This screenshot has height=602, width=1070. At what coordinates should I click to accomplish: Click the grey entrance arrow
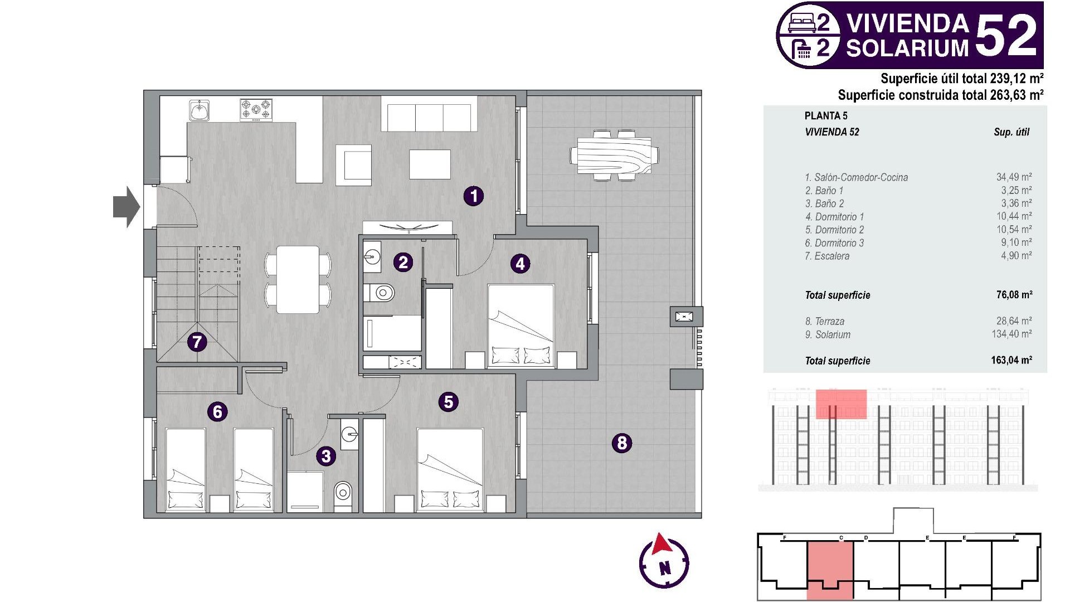pyautogui.click(x=127, y=207)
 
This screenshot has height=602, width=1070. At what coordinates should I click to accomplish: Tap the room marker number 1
pyautogui.click(x=474, y=196)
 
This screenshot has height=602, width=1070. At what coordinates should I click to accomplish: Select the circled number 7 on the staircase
pyautogui.click(x=197, y=341)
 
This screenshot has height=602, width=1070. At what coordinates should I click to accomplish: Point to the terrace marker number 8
pyautogui.click(x=622, y=443)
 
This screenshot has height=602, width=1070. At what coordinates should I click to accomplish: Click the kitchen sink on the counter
pyautogui.click(x=199, y=110)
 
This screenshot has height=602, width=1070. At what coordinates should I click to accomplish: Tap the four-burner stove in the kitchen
pyautogui.click(x=256, y=110)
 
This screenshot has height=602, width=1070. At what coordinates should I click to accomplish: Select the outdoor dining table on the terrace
pyautogui.click(x=614, y=155)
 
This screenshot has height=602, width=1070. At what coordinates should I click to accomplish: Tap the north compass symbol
pyautogui.click(x=664, y=562)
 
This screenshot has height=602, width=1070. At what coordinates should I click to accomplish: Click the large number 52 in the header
pyautogui.click(x=1006, y=36)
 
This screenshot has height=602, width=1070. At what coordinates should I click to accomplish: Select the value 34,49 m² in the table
pyautogui.click(x=1014, y=177)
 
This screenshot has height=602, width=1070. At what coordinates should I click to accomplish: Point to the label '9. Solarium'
pyautogui.click(x=828, y=335)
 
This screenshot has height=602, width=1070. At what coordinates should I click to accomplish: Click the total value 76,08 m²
pyautogui.click(x=1014, y=295)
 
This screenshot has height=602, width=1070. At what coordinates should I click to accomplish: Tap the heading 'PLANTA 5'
pyautogui.click(x=825, y=116)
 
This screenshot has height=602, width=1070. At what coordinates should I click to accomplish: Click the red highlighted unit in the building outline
pyautogui.click(x=830, y=569)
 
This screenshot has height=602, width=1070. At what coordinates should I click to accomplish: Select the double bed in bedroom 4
pyautogui.click(x=521, y=326)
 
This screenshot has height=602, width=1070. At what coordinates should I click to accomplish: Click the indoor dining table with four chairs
pyautogui.click(x=298, y=279)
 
